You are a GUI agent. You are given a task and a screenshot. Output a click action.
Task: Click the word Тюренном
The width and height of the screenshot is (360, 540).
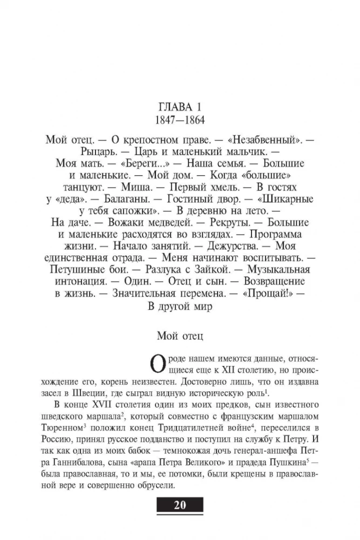71,429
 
